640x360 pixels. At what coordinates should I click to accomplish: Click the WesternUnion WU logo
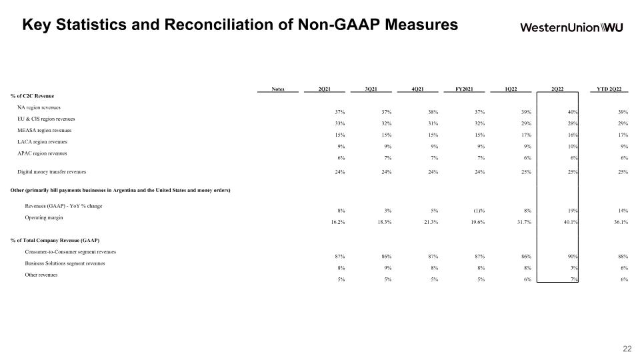click(x=571, y=27)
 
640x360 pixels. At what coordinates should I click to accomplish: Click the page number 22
click(x=627, y=349)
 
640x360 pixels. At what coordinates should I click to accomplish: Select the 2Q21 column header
click(x=325, y=89)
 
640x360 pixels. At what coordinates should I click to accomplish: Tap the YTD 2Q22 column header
click(x=609, y=89)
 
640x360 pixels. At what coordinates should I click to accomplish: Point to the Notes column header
click(x=278, y=89)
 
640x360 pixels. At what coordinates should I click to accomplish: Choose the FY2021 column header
click(x=464, y=89)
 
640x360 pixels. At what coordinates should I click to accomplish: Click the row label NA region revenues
click(x=39, y=107)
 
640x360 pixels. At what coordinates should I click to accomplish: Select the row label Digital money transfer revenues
click(x=52, y=172)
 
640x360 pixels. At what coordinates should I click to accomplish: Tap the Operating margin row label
click(x=44, y=217)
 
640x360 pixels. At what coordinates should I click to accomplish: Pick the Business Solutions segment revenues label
click(x=65, y=263)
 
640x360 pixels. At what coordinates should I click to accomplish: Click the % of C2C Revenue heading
click(x=32, y=96)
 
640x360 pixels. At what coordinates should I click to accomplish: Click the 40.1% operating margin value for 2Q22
click(x=570, y=222)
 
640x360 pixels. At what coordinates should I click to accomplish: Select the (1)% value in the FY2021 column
click(x=479, y=211)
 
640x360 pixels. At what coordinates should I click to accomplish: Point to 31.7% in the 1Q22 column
click(x=524, y=222)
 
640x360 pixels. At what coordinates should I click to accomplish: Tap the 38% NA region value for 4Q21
click(x=433, y=112)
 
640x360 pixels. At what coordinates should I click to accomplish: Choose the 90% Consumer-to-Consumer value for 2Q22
click(x=573, y=256)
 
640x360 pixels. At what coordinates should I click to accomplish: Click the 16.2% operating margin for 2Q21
click(x=338, y=222)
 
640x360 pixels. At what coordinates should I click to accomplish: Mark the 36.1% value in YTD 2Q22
click(x=621, y=222)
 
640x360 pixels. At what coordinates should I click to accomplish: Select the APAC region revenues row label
click(x=42, y=153)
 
